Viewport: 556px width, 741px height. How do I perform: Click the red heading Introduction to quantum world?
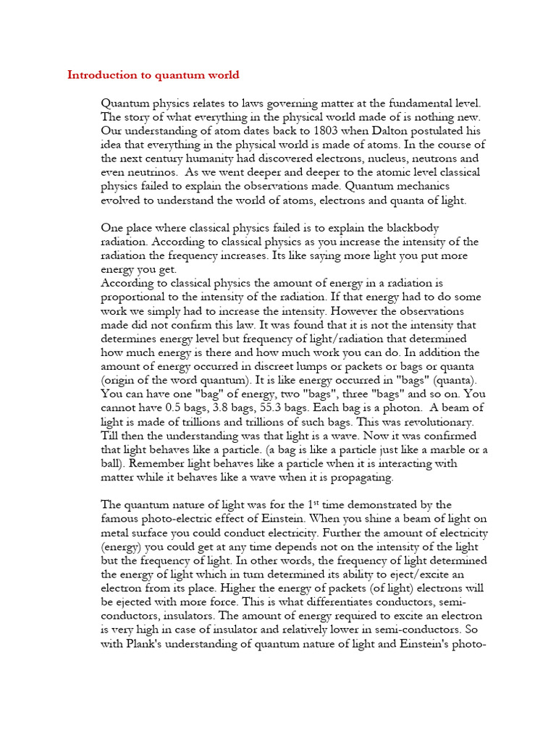[153, 75]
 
